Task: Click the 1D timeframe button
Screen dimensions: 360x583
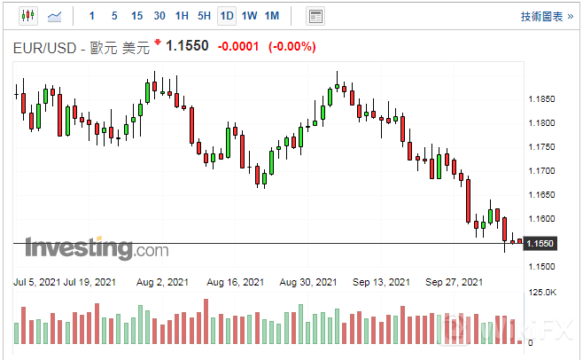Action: (227, 16)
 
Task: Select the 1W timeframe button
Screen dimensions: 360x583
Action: (249, 16)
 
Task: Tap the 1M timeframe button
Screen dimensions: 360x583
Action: (272, 16)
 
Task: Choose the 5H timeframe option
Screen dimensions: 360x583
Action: (204, 16)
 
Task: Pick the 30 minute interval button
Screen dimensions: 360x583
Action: (159, 16)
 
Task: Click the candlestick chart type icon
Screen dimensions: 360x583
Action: (27, 16)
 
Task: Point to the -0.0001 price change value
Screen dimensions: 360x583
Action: (238, 46)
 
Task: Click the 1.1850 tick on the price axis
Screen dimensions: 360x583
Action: (540, 99)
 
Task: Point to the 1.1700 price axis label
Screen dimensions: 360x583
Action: (540, 171)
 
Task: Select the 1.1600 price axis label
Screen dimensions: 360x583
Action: (540, 219)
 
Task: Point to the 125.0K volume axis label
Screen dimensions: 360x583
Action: (541, 293)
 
